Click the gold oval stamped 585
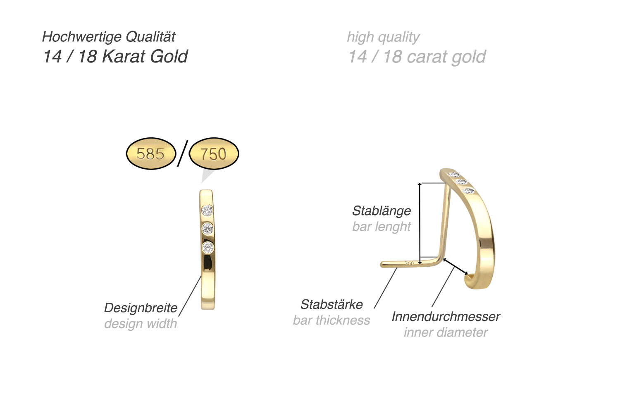(x=151, y=153)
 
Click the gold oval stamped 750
(x=214, y=153)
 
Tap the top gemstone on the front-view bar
(x=207, y=211)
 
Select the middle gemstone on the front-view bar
(x=207, y=228)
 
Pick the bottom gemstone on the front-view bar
(x=208, y=247)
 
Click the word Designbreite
(x=141, y=308)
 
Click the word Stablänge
(x=382, y=211)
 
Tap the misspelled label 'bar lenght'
(x=382, y=227)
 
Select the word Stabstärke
(x=331, y=305)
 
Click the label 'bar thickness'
(x=331, y=321)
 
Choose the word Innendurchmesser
(x=446, y=317)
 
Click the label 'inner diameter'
(x=446, y=332)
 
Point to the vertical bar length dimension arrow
(x=420, y=223)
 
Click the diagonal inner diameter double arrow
(x=455, y=266)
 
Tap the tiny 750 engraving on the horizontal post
(x=409, y=263)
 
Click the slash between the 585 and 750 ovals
(x=183, y=153)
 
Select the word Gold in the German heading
(x=169, y=57)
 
